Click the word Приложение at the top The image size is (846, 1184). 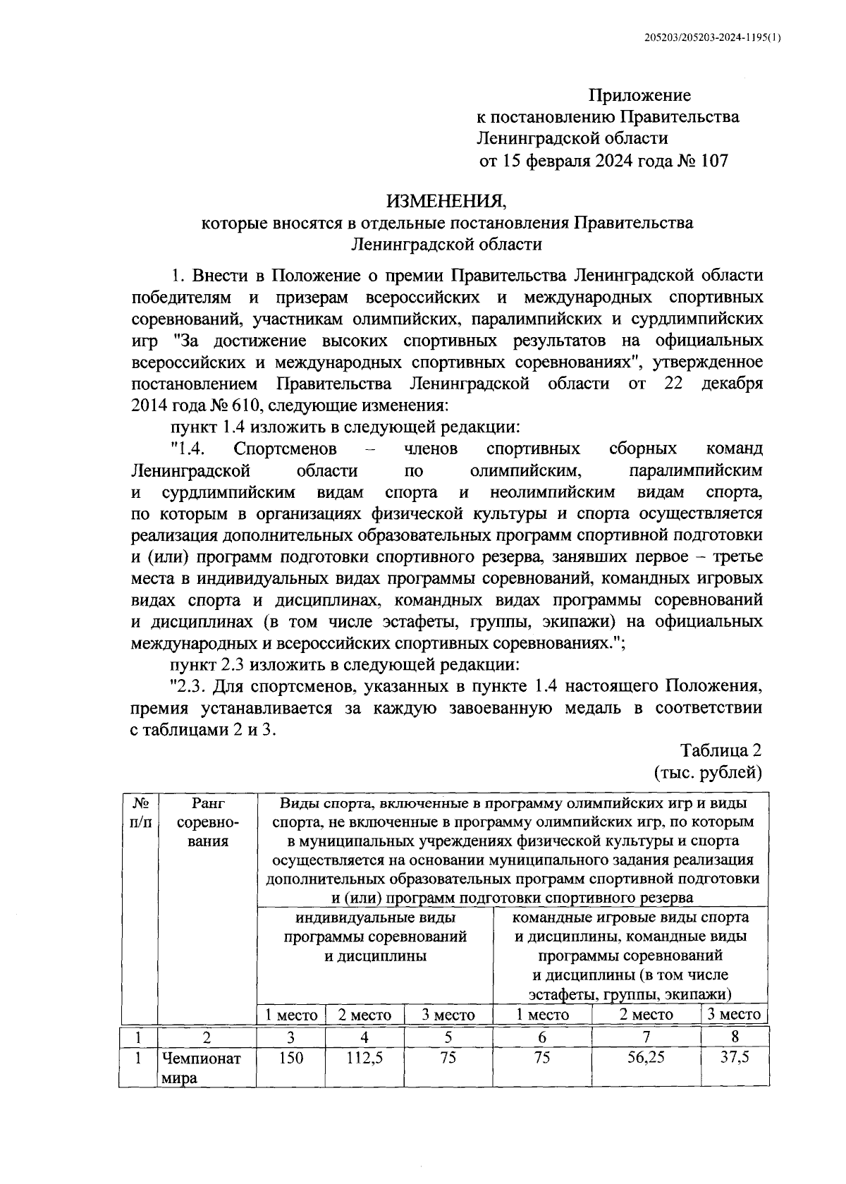[639, 94]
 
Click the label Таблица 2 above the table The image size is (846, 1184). [721, 748]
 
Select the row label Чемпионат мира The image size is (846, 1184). [201, 1068]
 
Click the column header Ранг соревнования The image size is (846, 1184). [207, 822]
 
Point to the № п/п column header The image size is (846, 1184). [140, 812]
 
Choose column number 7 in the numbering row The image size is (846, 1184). [646, 1037]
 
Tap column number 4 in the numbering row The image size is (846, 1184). [364, 1037]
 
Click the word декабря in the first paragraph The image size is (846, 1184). [732, 384]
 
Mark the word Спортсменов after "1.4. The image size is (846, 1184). [285, 449]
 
